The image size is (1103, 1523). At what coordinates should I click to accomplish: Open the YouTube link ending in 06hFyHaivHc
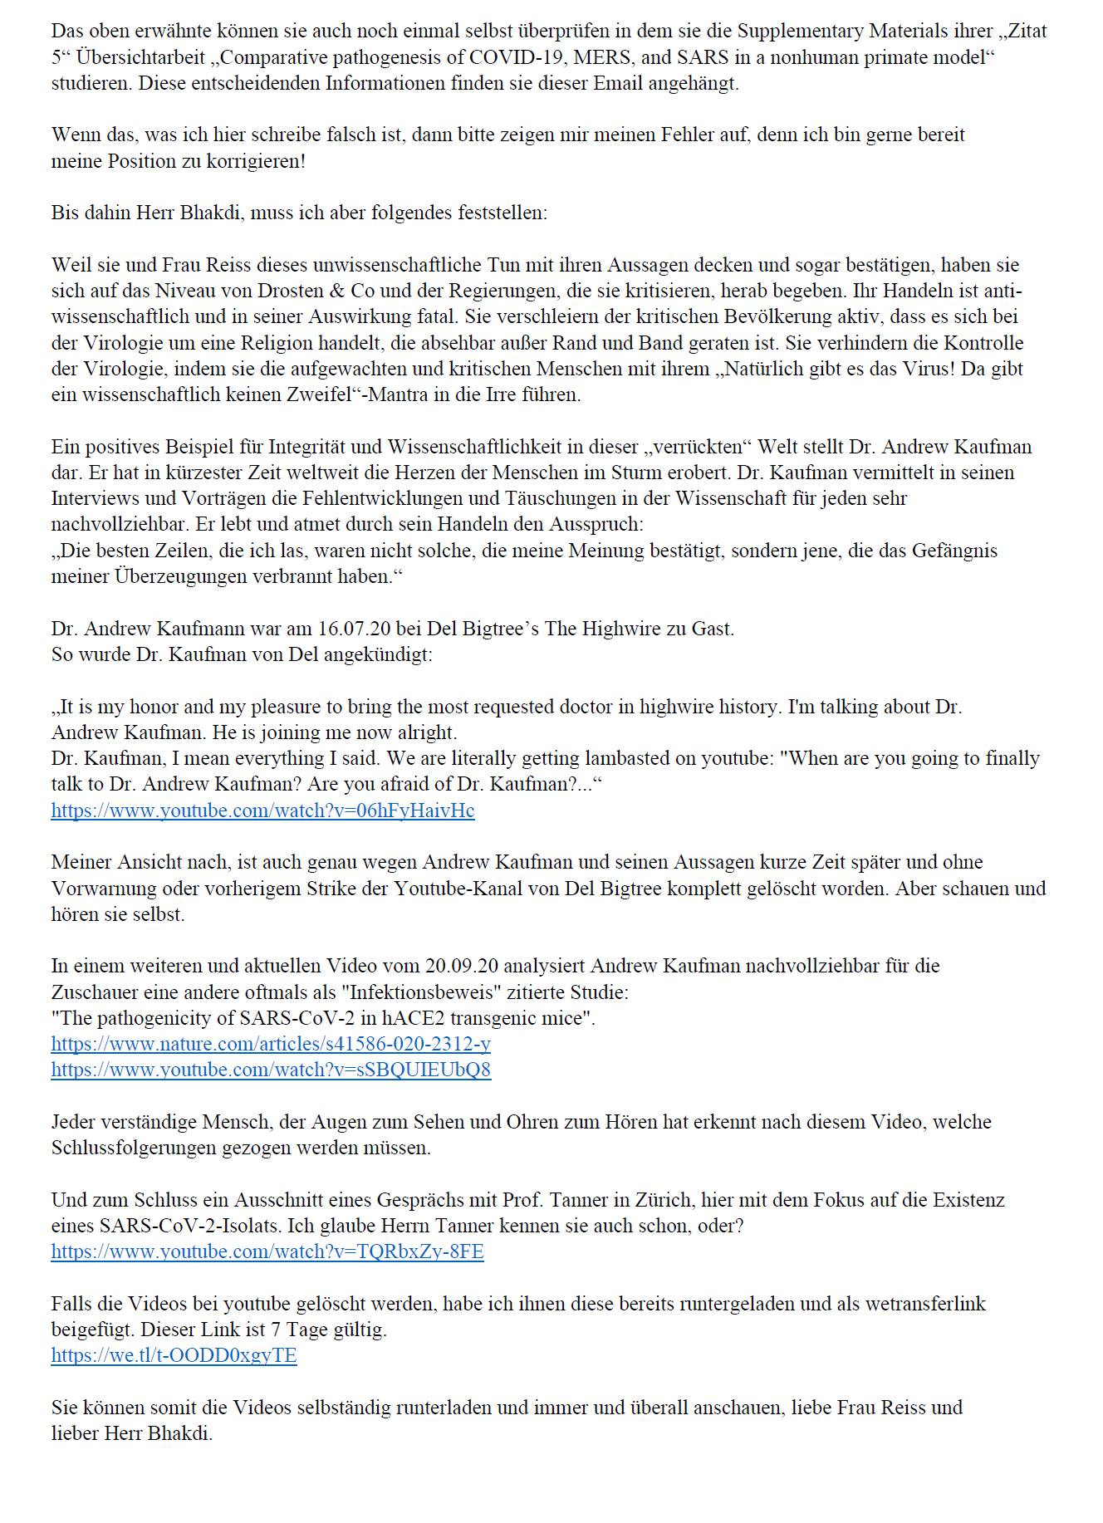click(x=262, y=810)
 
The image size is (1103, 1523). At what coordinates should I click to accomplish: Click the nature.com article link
click(x=271, y=1044)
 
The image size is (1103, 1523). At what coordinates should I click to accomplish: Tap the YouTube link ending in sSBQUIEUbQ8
click(x=271, y=1070)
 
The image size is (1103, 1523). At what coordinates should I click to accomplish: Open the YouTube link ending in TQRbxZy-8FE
click(x=267, y=1251)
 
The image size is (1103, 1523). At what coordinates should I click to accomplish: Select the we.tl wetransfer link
click(x=174, y=1355)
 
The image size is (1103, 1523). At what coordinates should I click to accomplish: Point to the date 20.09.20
click(x=462, y=966)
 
